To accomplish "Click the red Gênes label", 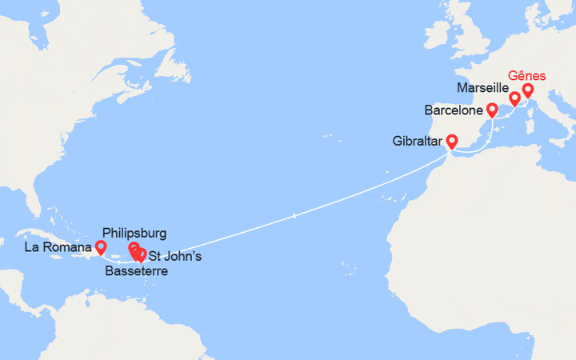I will [530, 75].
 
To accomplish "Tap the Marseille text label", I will [482, 86].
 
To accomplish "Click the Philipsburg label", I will [136, 233].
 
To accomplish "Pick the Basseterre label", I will [136, 272].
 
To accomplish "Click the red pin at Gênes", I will [528, 90].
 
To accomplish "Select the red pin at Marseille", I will [514, 98].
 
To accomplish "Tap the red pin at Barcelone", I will [492, 109].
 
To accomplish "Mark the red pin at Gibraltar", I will [451, 142].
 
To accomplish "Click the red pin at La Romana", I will [101, 247].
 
